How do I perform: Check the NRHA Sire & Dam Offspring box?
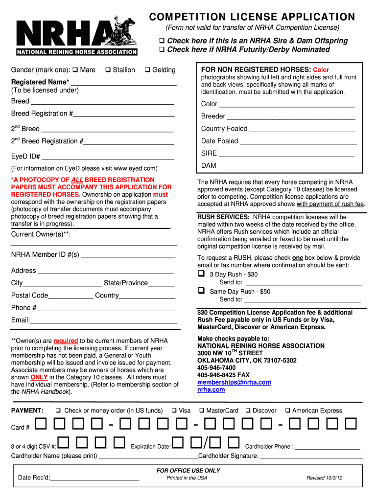(162, 41)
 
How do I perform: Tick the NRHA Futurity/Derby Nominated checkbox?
(162, 50)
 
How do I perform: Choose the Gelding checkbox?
(147, 70)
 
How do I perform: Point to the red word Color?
(321, 70)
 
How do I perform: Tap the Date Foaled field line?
(299, 143)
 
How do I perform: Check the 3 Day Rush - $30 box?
(201, 273)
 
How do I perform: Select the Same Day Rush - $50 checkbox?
(201, 291)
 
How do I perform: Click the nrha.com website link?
(211, 390)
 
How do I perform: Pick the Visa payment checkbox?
(174, 410)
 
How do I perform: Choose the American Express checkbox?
(288, 410)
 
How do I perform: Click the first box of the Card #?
(41, 424)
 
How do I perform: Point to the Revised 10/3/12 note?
(324, 478)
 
